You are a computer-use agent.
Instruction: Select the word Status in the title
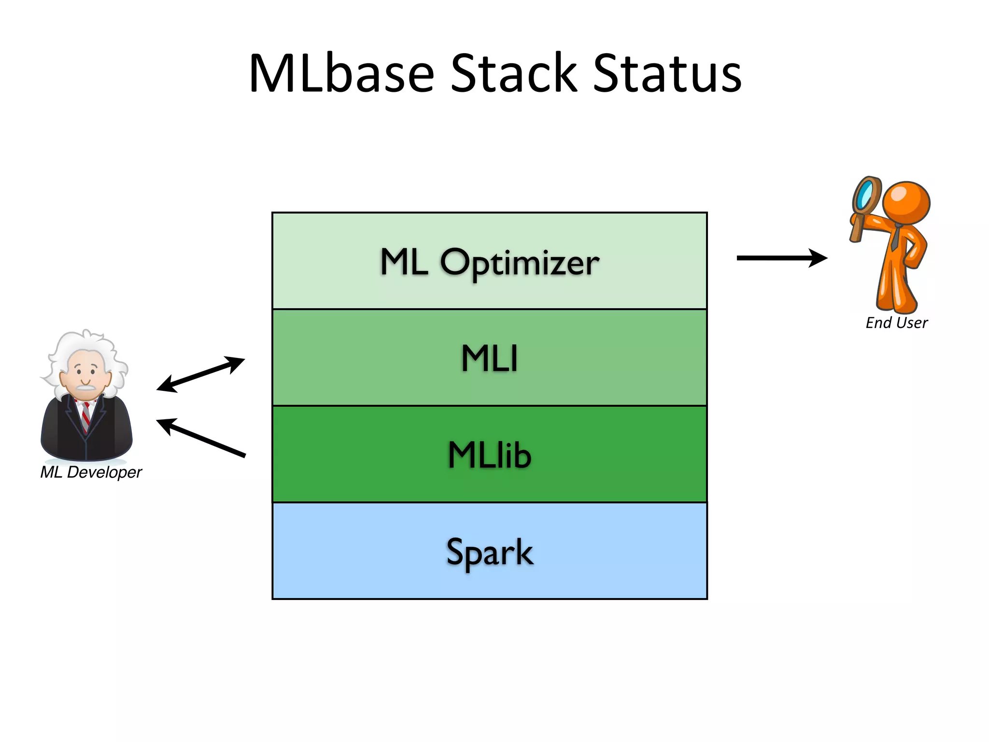pyautogui.click(x=667, y=73)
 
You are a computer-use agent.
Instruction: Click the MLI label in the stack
pyautogui.click(x=489, y=358)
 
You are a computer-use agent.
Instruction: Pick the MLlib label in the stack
pyautogui.click(x=489, y=455)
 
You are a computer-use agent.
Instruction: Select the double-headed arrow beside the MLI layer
pyautogui.click(x=201, y=374)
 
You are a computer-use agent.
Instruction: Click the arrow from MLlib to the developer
pyautogui.click(x=201, y=438)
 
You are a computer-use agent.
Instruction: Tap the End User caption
pyautogui.click(x=896, y=323)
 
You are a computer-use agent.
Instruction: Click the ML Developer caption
pyautogui.click(x=91, y=472)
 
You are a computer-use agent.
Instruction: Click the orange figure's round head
pyautogui.click(x=906, y=202)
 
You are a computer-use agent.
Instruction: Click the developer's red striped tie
pyautogui.click(x=85, y=415)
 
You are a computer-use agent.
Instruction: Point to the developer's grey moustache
pyautogui.click(x=85, y=387)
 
